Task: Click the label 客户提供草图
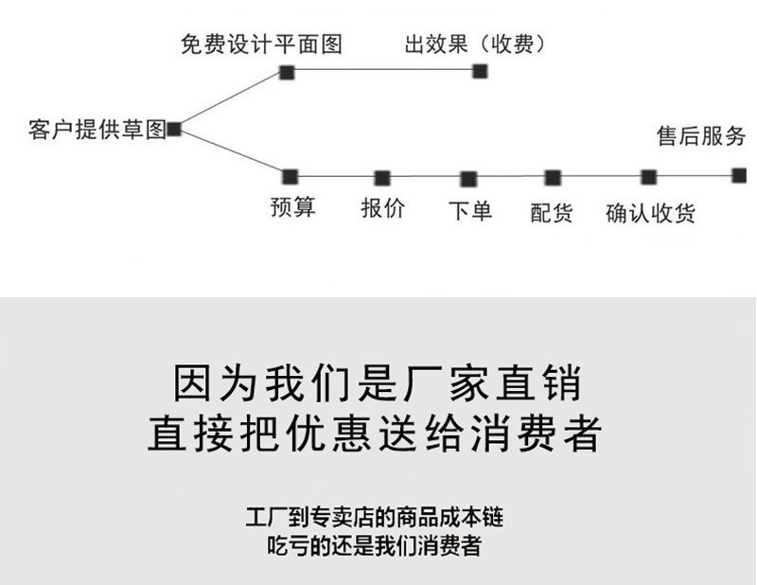point(97,130)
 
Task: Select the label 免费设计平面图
point(262,44)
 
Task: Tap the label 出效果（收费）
point(475,44)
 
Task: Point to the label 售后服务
point(701,135)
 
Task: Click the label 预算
point(292,207)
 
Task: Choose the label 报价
point(383,208)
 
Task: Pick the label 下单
point(470,211)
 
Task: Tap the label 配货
point(552,213)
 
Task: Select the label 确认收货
point(650,213)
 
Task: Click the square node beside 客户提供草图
point(174,130)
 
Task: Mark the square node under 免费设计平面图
point(287,73)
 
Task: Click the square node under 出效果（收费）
point(480,72)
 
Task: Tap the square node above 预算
point(290,177)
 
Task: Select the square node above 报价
point(382,178)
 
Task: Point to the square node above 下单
point(468,179)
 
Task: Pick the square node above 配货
point(553,178)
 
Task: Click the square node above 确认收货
point(649,177)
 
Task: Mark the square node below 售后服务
point(739,175)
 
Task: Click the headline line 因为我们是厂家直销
point(377,384)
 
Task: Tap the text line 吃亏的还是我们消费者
point(374,546)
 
